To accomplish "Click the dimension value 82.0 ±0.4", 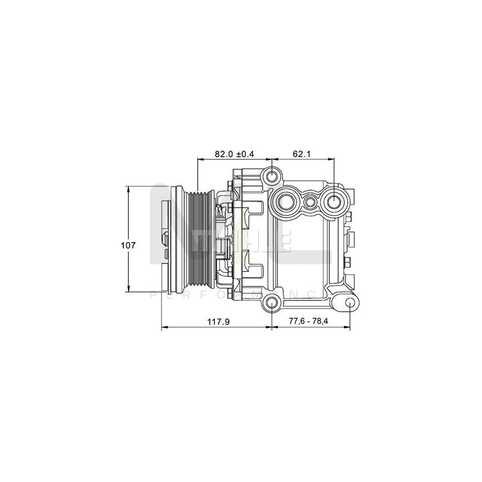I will pyautogui.click(x=234, y=154).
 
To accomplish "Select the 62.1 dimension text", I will pyautogui.click(x=302, y=154).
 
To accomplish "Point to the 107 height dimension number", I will pyautogui.click(x=127, y=245).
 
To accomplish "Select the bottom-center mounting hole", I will pyautogui.click(x=272, y=304).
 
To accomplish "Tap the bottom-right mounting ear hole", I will pyautogui.click(x=349, y=304).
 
